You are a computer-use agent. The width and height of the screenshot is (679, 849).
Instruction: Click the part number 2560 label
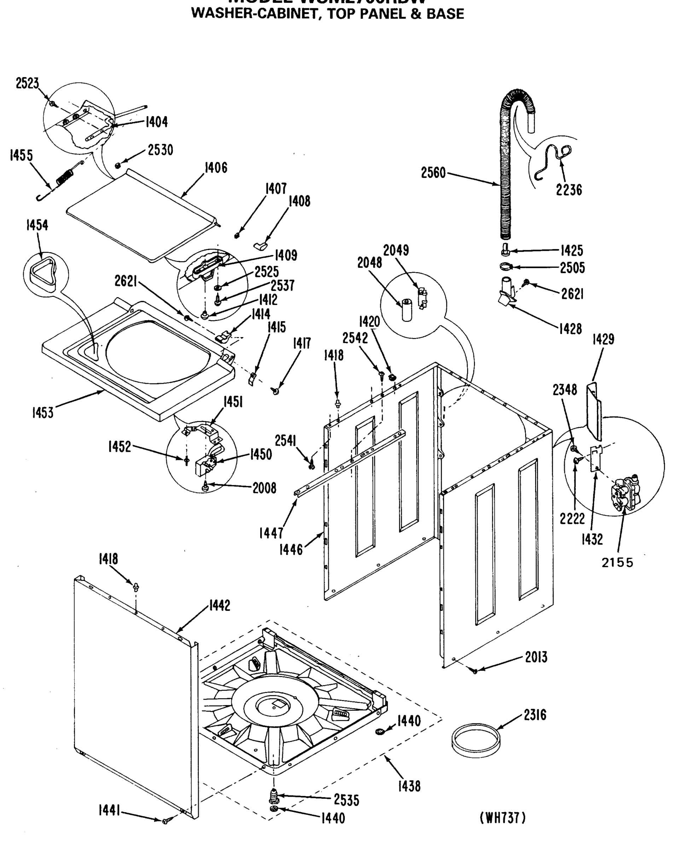(x=433, y=173)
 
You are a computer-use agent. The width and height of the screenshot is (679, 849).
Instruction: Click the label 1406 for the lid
(x=216, y=168)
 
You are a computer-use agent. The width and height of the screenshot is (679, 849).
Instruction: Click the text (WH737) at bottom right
(x=503, y=818)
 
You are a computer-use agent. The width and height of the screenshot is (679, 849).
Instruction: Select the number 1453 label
(x=42, y=413)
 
